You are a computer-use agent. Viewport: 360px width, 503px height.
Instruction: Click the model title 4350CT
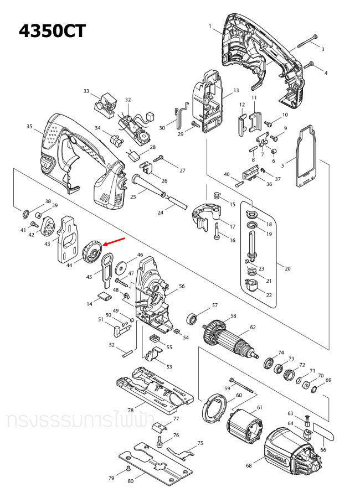point(53,31)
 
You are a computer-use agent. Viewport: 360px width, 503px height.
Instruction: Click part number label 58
point(233,316)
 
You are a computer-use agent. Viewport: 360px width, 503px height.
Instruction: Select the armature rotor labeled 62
point(233,341)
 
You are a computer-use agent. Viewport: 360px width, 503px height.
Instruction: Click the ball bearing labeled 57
point(193,319)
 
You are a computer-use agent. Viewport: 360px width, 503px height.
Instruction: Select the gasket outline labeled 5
point(303,158)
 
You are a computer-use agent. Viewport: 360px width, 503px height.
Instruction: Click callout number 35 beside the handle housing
point(29,127)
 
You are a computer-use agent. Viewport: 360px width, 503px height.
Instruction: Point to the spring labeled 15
point(217,196)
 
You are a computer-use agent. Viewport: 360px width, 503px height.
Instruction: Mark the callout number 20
point(287,268)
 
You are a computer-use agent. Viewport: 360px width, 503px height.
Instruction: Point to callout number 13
point(236,90)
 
